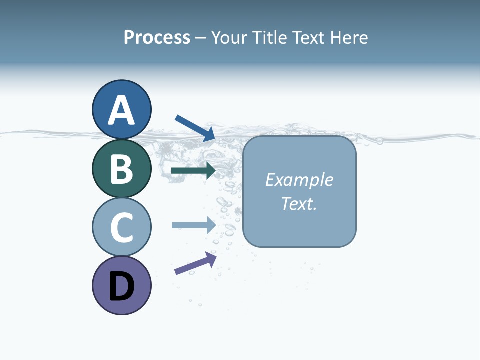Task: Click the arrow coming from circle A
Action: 195,127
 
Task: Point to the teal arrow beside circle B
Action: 193,171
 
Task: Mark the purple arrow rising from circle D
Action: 195,263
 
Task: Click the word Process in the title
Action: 157,37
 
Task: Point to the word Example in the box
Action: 299,180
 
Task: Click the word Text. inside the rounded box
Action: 299,204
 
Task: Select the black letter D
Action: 121,286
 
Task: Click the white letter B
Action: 121,169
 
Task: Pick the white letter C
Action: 121,227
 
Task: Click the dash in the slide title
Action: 201,38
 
